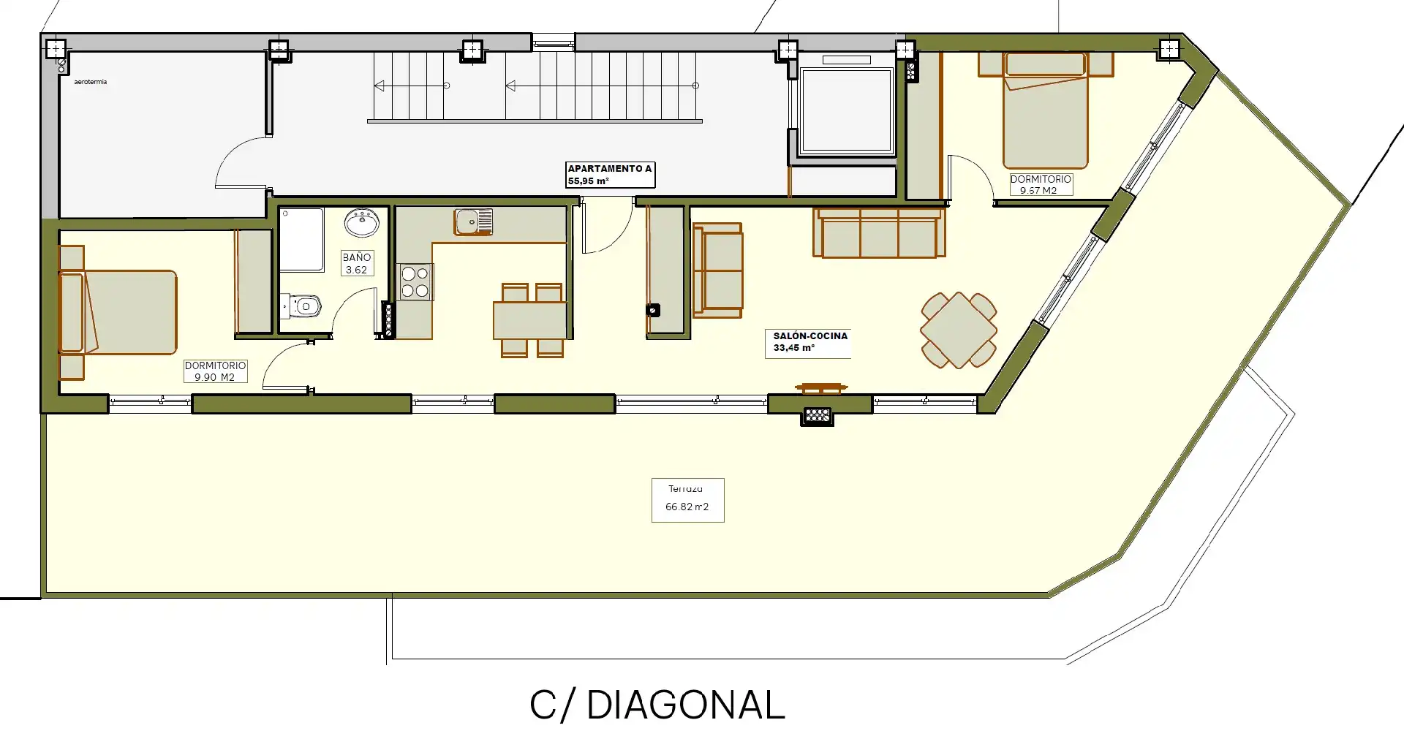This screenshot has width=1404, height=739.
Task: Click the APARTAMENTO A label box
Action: point(610,175)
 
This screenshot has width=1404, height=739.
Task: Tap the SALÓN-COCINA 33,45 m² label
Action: point(808,342)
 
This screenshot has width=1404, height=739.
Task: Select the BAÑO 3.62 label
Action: point(356,263)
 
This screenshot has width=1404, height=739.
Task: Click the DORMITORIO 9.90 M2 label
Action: point(215,371)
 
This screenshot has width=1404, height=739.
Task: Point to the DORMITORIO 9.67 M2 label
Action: point(1041,184)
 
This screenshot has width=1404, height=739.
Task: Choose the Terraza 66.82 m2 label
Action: point(687,500)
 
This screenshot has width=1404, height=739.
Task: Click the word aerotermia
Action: point(91,82)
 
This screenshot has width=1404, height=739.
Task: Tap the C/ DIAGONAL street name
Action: point(657,705)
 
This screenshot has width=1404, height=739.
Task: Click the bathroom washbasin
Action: point(362,223)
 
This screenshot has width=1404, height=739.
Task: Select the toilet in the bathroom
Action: point(302,306)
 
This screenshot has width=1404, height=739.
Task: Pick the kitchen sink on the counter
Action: point(474,221)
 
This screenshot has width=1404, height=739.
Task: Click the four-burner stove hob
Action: point(415,282)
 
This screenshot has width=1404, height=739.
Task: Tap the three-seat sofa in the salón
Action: point(879,232)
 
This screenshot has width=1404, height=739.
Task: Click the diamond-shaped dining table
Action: point(959,330)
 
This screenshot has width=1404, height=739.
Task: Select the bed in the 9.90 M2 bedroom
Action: point(118,313)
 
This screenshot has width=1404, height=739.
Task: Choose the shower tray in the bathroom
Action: point(302,240)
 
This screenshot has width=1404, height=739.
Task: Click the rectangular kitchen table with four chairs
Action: point(531,320)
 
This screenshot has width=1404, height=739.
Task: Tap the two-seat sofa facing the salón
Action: point(717,270)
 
